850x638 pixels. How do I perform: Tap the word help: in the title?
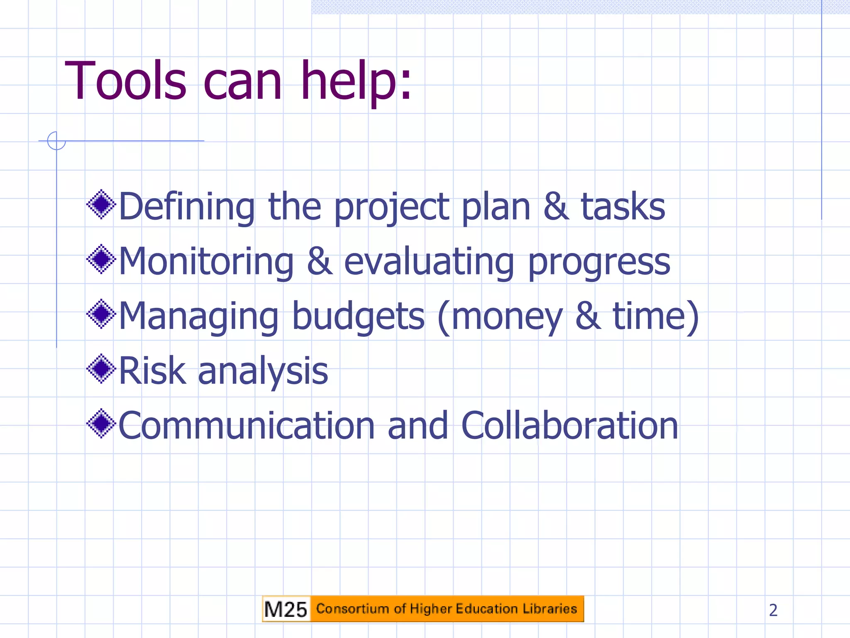pos(356,81)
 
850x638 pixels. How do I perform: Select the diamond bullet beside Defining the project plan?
pos(101,204)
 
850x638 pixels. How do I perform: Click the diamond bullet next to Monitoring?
pos(101,259)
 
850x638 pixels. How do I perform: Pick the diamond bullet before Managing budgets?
pos(101,314)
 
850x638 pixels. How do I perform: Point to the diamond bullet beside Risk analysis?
pos(101,369)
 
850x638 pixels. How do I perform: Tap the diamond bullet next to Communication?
pos(101,424)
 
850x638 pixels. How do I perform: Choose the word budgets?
pos(359,317)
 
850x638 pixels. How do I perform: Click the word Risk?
pos(152,371)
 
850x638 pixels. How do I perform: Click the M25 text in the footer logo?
pos(286,609)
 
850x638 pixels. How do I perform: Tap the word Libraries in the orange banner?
pos(550,609)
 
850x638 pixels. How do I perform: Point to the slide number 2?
pos(773,610)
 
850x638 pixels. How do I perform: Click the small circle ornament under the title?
pos(56,141)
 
